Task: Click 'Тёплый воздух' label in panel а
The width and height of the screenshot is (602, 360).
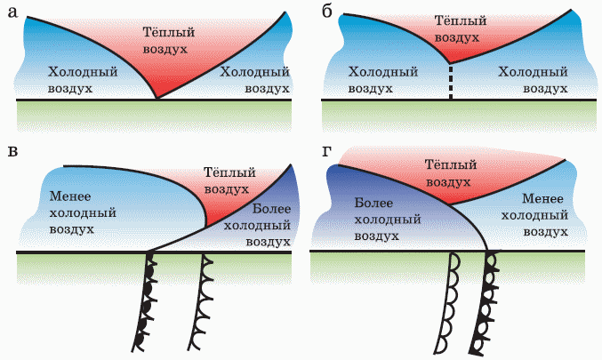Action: pyautogui.click(x=169, y=41)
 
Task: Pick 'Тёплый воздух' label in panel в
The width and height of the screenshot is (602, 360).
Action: pyautogui.click(x=229, y=180)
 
